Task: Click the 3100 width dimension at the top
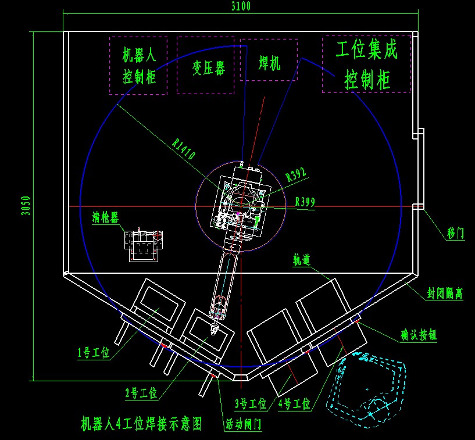click(240, 6)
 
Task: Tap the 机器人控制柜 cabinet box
click(138, 66)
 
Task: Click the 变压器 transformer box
click(206, 66)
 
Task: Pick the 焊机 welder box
click(269, 60)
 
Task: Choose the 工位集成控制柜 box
click(366, 64)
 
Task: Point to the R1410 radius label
click(183, 148)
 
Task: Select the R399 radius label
click(305, 202)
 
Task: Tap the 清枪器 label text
click(105, 218)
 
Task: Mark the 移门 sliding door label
click(456, 234)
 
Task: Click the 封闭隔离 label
click(445, 294)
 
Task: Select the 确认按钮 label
click(418, 335)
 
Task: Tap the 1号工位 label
click(93, 352)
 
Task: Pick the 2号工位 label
click(141, 394)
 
